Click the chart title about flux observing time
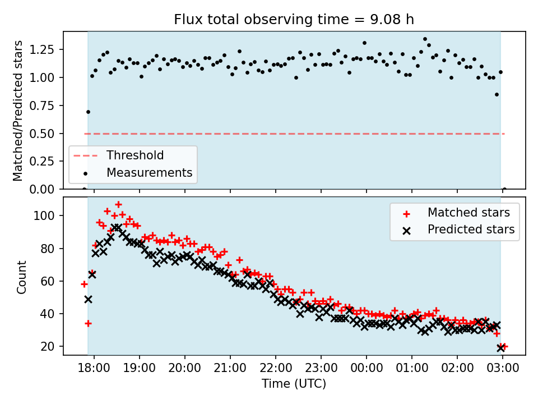coord(294,20)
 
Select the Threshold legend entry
coord(135,155)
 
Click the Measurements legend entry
coord(149,172)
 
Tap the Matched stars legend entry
coord(469,213)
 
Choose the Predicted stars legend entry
coord(471,229)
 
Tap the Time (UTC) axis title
coord(294,384)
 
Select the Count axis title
coord(22,277)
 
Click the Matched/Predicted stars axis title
coord(18,111)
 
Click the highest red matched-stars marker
coord(118,205)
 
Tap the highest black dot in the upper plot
coord(425,39)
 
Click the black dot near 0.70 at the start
coord(88,112)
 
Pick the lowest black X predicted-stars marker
coord(501,348)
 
